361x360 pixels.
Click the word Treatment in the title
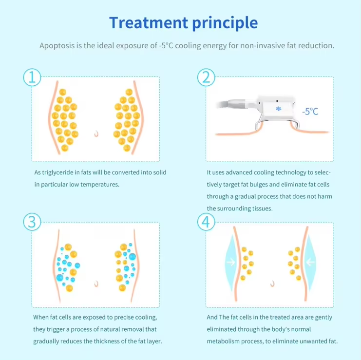[149, 22]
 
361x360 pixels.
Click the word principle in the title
[225, 23]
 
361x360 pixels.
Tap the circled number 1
[32, 77]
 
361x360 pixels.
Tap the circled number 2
[206, 77]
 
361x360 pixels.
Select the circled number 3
[32, 222]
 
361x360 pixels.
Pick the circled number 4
[206, 222]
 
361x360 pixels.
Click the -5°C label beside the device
[310, 112]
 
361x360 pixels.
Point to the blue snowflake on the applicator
[279, 109]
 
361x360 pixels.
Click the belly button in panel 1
[96, 133]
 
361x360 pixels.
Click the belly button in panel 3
[96, 284]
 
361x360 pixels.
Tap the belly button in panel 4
[273, 284]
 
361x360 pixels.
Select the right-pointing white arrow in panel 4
[231, 262]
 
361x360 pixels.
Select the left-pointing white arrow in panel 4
[310, 262]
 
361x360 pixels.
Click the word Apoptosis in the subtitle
[57, 46]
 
